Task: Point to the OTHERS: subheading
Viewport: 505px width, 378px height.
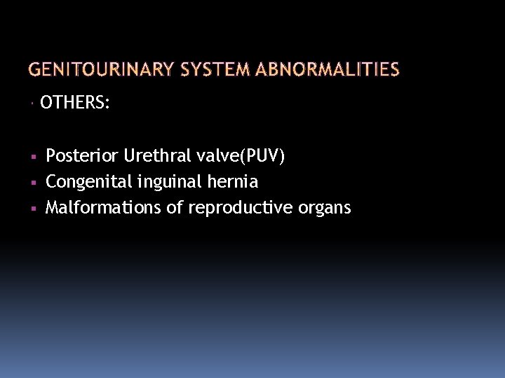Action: point(75,104)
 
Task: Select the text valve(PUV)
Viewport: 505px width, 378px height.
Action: point(241,155)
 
